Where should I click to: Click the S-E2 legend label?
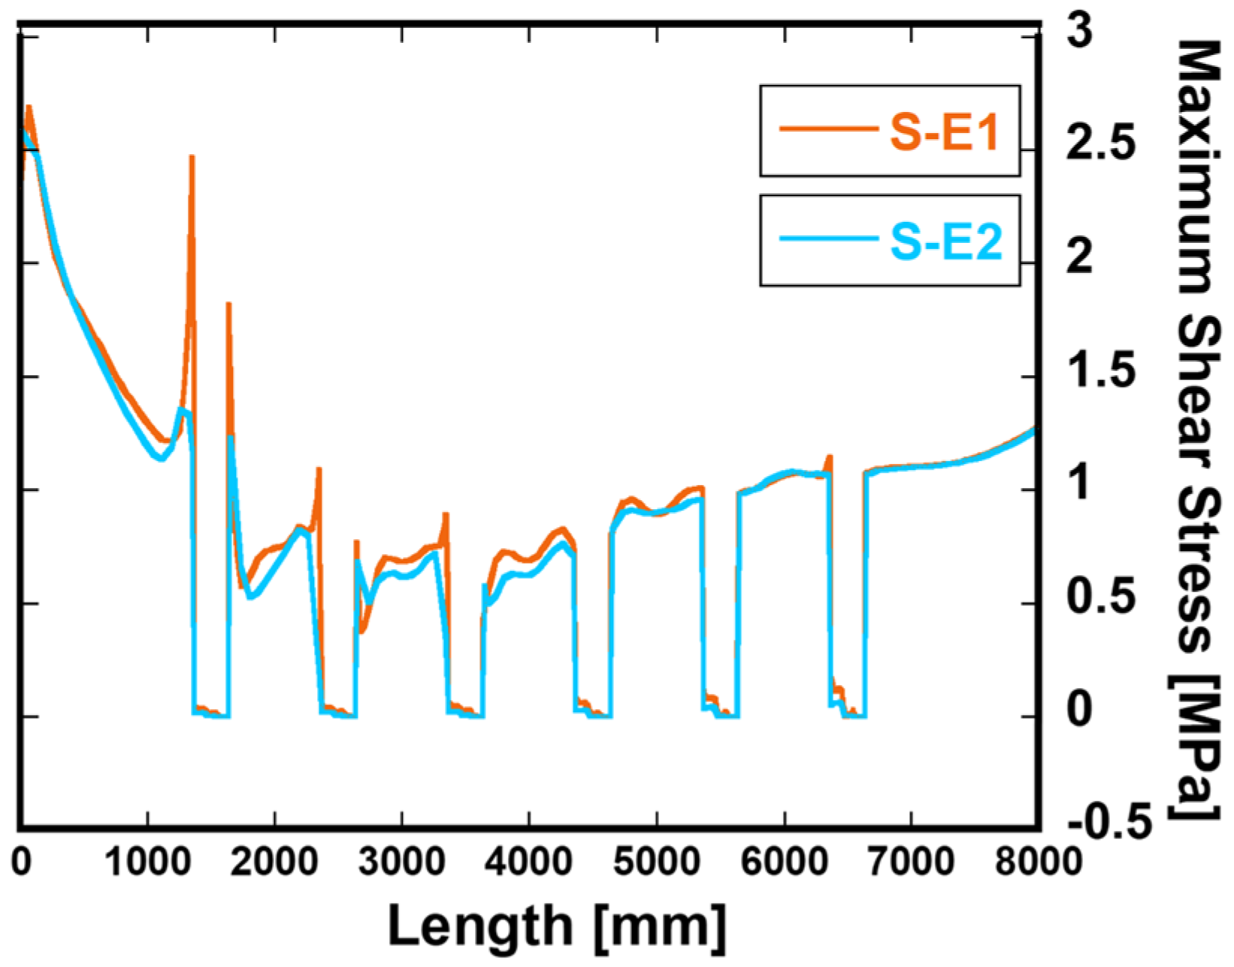coord(946,241)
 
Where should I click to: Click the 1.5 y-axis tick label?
coord(1100,371)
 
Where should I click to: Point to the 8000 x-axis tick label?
coord(1038,862)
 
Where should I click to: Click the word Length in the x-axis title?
coord(479,926)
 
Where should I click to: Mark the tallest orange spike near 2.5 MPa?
coord(192,157)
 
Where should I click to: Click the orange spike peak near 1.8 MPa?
coord(228,304)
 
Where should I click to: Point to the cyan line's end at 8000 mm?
coord(1033,431)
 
